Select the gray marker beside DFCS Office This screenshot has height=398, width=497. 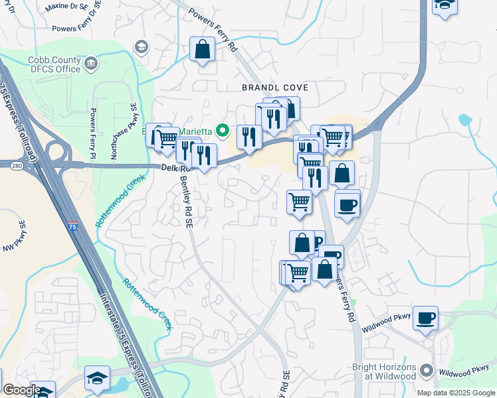tap(92, 64)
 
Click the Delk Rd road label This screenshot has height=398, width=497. tap(173, 168)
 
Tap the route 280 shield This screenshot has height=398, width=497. tap(16, 165)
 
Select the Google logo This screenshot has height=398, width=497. tap(21, 390)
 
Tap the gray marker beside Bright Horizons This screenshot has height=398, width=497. tap(427, 371)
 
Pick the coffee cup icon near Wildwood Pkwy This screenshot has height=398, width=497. tap(425, 317)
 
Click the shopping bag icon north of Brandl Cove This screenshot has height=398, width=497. tap(202, 49)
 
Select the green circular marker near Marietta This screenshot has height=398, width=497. tap(224, 131)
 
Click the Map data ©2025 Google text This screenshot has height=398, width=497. tap(455, 393)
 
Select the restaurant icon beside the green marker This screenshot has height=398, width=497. tap(249, 137)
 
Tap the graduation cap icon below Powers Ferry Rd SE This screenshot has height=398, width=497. tap(141, 46)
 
